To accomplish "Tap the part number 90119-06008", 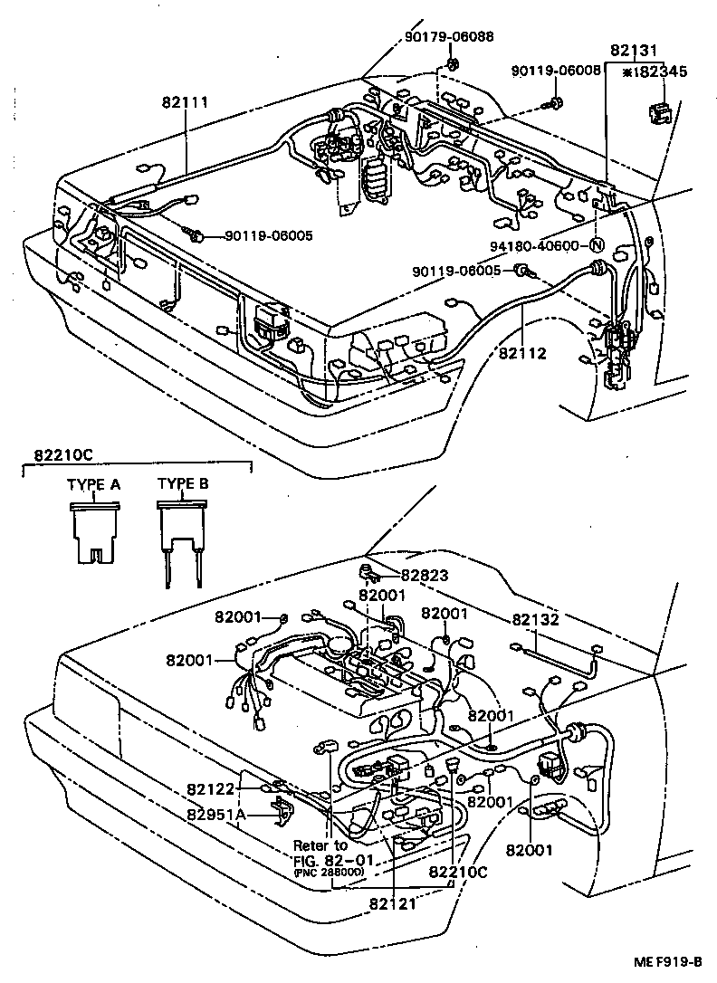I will coord(556,70).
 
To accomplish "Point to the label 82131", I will coord(634,52).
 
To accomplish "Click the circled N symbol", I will coord(597,245).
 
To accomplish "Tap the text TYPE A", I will coord(93,484).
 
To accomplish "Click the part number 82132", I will coord(535,620).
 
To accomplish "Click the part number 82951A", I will coord(216,813).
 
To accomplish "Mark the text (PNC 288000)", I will coord(328,871).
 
